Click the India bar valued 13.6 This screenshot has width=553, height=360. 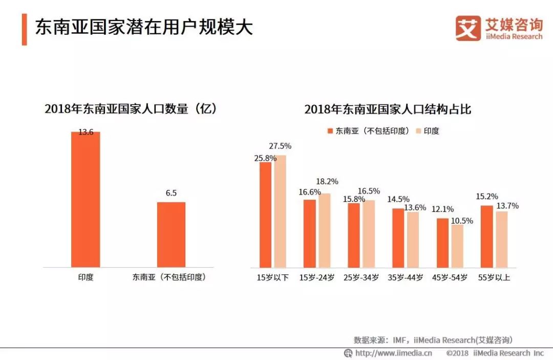[86, 199]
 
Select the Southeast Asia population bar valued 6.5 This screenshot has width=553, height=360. [171, 235]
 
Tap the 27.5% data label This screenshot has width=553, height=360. [280, 146]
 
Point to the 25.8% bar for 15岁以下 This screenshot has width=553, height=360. [265, 215]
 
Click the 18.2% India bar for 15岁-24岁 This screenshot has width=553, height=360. [324, 230]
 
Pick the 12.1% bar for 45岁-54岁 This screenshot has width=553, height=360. [442, 243]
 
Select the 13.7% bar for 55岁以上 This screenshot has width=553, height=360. [502, 239]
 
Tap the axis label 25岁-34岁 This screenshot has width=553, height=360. [361, 278]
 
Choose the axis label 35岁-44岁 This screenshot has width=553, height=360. [406, 278]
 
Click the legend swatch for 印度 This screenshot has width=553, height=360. [418, 131]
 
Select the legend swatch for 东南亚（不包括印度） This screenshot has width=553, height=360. [330, 131]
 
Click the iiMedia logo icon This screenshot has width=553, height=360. [468, 28]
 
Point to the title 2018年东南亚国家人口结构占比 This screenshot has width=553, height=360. [388, 109]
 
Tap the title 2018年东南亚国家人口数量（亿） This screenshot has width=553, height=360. [131, 109]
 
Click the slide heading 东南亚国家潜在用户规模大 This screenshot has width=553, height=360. [144, 28]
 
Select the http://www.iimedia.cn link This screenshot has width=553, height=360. [393, 353]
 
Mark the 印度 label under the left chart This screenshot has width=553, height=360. [86, 278]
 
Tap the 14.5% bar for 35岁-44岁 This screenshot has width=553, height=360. [398, 238]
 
